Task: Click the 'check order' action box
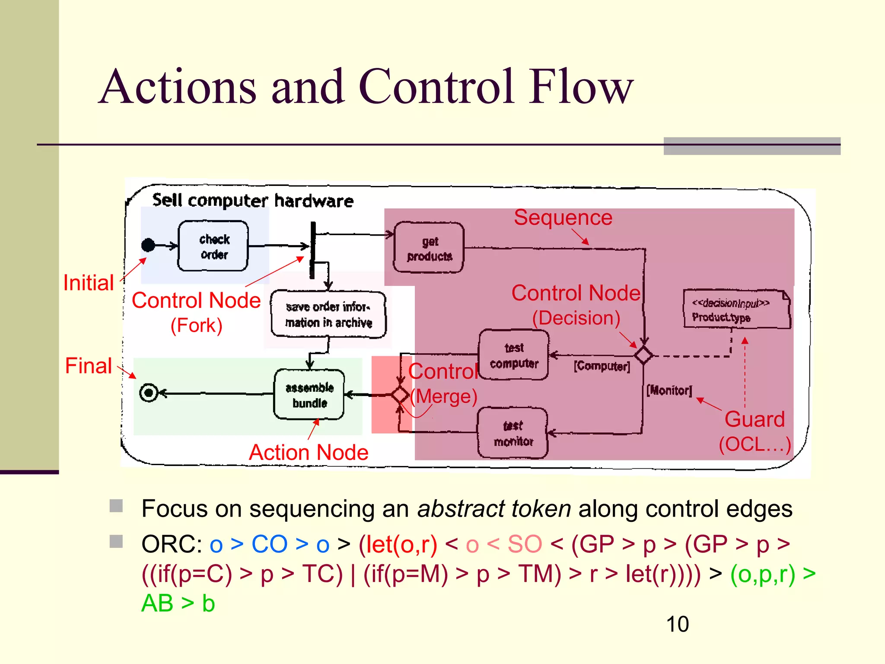[x=213, y=246]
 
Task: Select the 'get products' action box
[x=429, y=248]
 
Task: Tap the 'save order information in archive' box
[x=328, y=314]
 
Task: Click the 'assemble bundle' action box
[x=309, y=394]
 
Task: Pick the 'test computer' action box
[x=514, y=355]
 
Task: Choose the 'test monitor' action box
[x=513, y=433]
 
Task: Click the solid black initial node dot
[x=148, y=245]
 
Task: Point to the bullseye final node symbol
[x=149, y=393]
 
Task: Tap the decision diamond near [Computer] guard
[x=643, y=355]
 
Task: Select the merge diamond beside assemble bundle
[x=400, y=394]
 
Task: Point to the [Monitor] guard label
[x=669, y=391]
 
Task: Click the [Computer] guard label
[x=602, y=367]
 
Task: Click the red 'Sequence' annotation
[x=563, y=217]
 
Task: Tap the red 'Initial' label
[x=88, y=283]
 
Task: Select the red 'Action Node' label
[x=309, y=453]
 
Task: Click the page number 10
[x=677, y=624]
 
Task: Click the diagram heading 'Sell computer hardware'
[x=253, y=201]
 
